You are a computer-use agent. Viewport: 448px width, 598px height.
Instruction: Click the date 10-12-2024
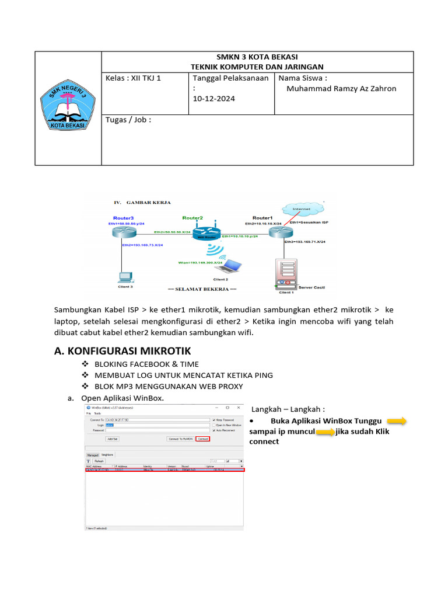point(213,99)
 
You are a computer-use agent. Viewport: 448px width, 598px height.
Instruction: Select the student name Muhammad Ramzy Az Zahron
point(341,89)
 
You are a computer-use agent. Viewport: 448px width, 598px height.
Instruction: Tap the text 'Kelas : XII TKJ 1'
point(133,78)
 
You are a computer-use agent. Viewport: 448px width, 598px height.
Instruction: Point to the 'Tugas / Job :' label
point(128,120)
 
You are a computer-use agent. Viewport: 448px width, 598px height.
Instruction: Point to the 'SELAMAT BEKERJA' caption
point(202,289)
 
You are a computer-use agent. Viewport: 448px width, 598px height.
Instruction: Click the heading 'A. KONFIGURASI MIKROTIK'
point(122,350)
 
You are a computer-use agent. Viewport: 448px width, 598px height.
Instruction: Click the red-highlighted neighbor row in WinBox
point(165,470)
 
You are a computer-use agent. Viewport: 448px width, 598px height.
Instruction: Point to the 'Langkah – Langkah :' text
point(288,409)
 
